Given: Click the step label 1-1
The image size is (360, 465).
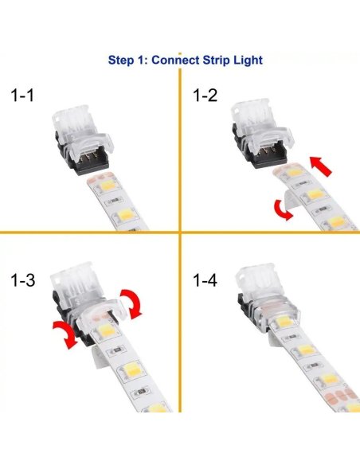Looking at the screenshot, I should (x=25, y=96).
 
